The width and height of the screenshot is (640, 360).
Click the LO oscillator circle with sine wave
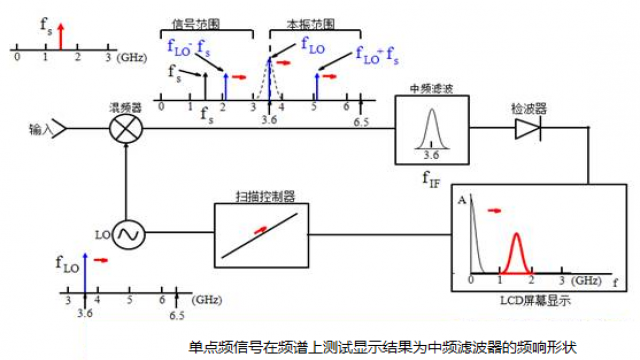coord(128,233)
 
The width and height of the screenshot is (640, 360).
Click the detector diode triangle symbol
coord(525,129)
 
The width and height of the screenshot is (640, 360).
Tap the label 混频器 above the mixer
coord(125,103)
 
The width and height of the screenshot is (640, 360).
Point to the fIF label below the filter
coord(431,181)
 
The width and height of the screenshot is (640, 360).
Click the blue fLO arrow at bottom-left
coord(86,274)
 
